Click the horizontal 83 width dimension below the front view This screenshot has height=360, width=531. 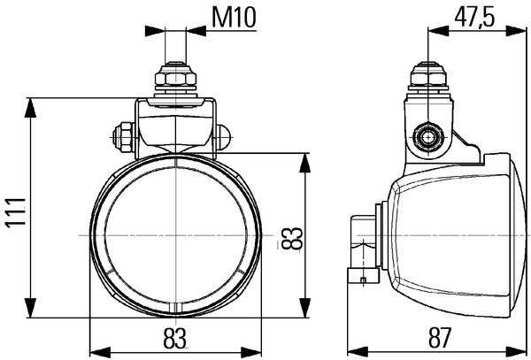pos(176,336)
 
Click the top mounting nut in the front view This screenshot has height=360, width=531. pos(176,82)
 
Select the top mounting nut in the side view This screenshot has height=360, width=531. pos(430,82)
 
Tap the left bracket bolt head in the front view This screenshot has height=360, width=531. pos(121,137)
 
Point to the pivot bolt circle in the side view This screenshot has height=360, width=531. pos(430,137)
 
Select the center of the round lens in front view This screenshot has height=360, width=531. pos(176,235)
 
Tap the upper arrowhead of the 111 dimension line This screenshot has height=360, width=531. pos(33,103)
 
